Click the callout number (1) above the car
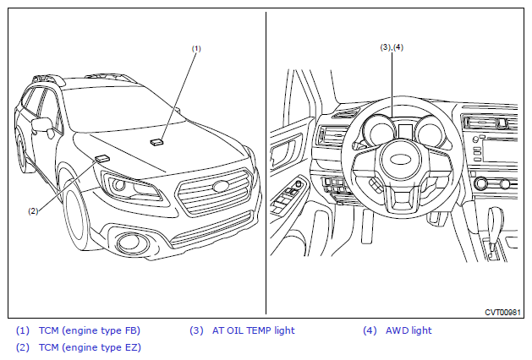[196, 48]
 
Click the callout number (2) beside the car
[33, 210]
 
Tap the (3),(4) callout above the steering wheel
[392, 47]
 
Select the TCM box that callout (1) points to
[156, 142]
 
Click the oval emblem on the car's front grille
[221, 187]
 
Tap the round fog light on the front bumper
[131, 243]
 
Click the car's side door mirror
[41, 126]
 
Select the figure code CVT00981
[502, 312]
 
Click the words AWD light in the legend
[409, 330]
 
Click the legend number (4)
[370, 330]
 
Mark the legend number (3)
[196, 330]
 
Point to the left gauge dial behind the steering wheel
[372, 131]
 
